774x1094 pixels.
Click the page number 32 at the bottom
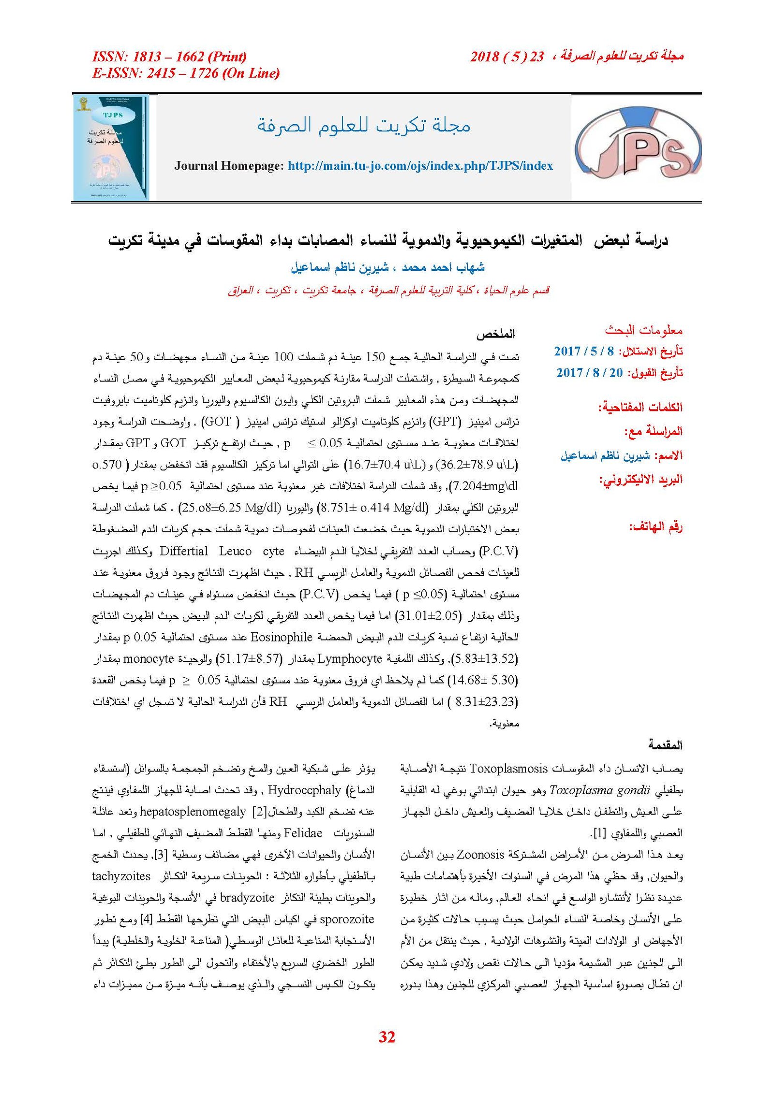387,1036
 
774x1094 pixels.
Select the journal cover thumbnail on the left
111,147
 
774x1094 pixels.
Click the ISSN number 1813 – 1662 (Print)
169,57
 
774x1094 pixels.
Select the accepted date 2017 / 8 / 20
589,372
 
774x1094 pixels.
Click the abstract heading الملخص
495,334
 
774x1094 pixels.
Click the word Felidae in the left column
303,833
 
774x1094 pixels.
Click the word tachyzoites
121,876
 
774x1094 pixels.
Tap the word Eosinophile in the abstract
281,637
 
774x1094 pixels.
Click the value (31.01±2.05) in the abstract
427,616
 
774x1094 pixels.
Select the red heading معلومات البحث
643,330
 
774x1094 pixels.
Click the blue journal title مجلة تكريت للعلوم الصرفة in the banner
363,125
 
